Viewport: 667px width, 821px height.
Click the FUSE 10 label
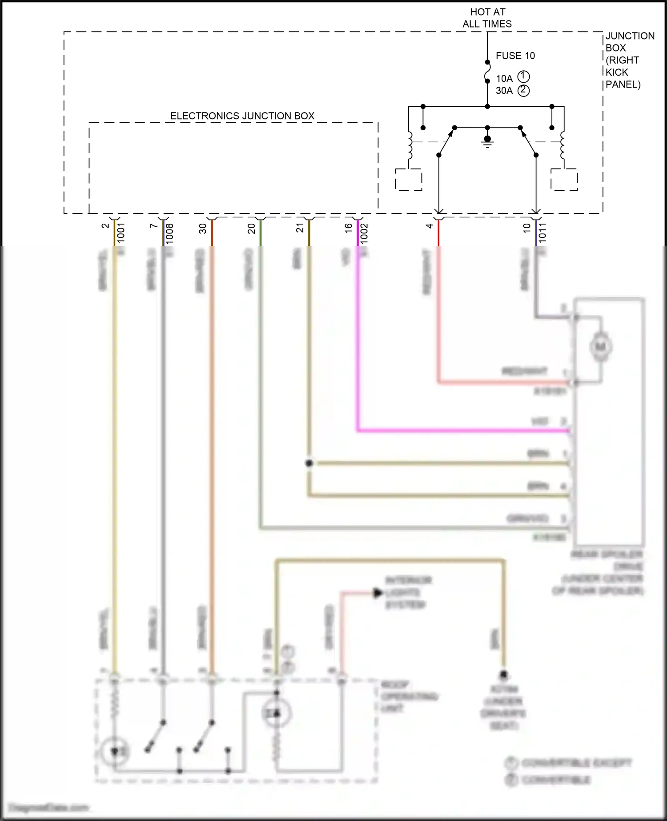pyautogui.click(x=515, y=56)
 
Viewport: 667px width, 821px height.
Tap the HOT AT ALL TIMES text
pyautogui.click(x=487, y=18)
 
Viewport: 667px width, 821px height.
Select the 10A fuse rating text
pyautogui.click(x=504, y=79)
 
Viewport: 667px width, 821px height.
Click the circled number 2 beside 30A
pyautogui.click(x=523, y=90)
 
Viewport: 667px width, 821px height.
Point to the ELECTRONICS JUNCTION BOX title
pyautogui.click(x=242, y=116)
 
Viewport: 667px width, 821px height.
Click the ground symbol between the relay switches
pyautogui.click(x=487, y=141)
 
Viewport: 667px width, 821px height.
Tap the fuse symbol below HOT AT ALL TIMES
pyautogui.click(x=487, y=72)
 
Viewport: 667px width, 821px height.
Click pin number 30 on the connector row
pyautogui.click(x=203, y=229)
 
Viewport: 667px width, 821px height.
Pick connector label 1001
pyautogui.click(x=121, y=233)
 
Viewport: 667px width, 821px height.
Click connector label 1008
pyautogui.click(x=169, y=233)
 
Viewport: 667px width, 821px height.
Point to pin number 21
pyautogui.click(x=300, y=228)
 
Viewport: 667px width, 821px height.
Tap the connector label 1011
pyautogui.click(x=542, y=233)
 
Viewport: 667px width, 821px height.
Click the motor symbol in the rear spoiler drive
pyautogui.click(x=600, y=346)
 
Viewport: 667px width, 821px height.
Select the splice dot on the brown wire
pyautogui.click(x=309, y=463)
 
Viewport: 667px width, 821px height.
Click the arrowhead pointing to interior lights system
pyautogui.click(x=378, y=593)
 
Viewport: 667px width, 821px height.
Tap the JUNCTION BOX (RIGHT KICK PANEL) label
pyautogui.click(x=629, y=60)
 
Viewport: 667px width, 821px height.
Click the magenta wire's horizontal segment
pyautogui.click(x=462, y=431)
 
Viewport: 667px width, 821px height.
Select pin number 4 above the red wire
pyautogui.click(x=429, y=226)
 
